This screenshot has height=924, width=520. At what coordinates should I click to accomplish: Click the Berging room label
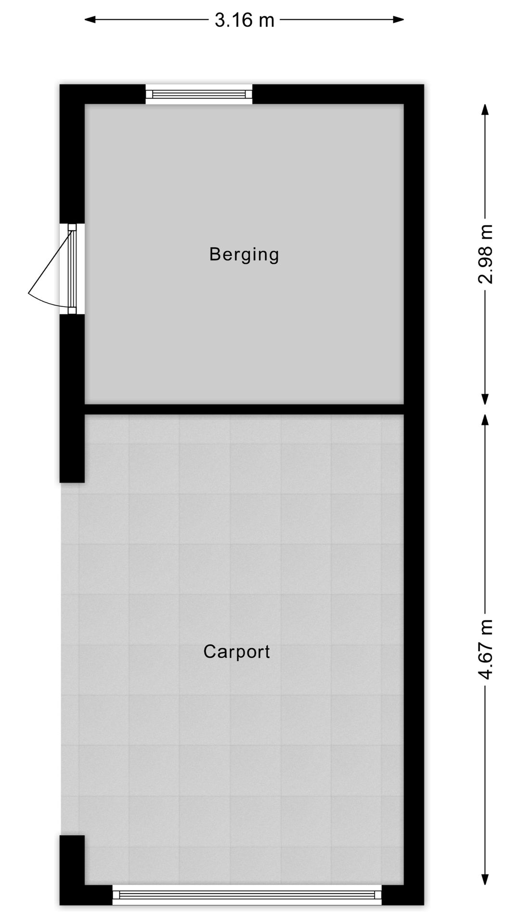point(244,255)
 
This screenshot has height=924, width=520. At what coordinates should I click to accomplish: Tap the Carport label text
point(236,652)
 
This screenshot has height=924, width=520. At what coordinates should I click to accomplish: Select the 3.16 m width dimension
point(244,20)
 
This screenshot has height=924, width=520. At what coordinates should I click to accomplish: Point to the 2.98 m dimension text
point(486,255)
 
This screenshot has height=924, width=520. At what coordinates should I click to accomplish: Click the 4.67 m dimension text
point(486,650)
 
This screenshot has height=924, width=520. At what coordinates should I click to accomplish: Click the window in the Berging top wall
point(199,94)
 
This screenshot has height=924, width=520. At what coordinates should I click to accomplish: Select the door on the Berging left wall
point(72,269)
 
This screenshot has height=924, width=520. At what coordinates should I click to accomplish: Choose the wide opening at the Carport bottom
point(247,894)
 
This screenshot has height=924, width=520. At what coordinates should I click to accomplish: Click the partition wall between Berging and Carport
point(244,409)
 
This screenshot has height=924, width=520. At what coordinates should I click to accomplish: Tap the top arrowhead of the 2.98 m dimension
point(485,110)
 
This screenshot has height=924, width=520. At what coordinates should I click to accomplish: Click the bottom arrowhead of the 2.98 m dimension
point(485,398)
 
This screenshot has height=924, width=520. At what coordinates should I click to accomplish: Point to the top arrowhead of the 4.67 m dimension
point(485,420)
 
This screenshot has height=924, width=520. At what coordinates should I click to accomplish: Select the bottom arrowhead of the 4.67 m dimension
point(485,879)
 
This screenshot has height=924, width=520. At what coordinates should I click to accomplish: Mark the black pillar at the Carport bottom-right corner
point(403,894)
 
